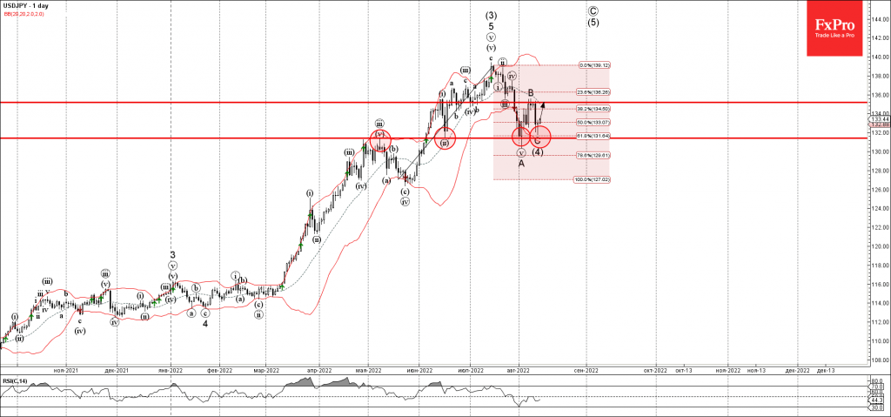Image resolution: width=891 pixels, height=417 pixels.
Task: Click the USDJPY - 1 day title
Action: (x=24, y=5)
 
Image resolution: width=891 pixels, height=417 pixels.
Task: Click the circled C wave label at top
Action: (x=593, y=11)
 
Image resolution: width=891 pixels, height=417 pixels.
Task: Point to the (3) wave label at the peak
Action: (x=491, y=15)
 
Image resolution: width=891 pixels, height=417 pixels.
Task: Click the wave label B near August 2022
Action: (x=531, y=93)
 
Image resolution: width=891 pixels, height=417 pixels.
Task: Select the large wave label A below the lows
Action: (x=521, y=163)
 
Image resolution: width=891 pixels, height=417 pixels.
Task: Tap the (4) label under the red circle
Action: (x=538, y=151)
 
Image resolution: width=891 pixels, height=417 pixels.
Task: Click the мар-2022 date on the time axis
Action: (x=265, y=370)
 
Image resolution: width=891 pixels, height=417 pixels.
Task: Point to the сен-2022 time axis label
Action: (x=586, y=370)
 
